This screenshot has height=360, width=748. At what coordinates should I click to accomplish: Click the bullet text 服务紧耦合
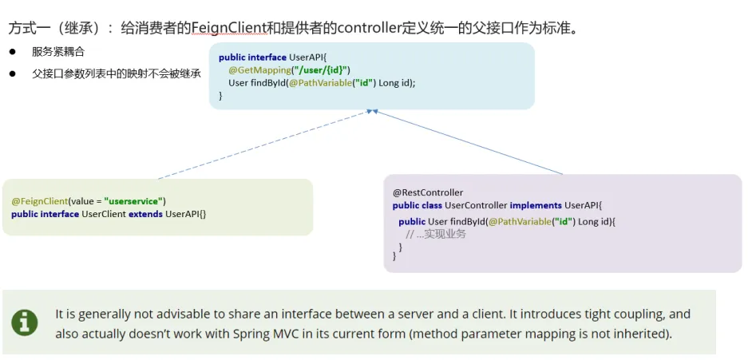pyautogui.click(x=58, y=52)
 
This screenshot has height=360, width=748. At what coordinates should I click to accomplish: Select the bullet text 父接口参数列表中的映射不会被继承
pyautogui.click(x=117, y=73)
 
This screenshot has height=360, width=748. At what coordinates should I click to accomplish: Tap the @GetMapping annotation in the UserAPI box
pyautogui.click(x=259, y=70)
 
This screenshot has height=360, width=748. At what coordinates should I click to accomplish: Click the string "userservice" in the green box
pyautogui.click(x=133, y=201)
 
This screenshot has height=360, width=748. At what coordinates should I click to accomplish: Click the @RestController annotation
pyautogui.click(x=428, y=192)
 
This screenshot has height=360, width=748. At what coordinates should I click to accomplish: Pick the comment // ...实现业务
pyautogui.click(x=436, y=234)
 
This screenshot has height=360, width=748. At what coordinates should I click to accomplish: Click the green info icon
pyautogui.click(x=25, y=322)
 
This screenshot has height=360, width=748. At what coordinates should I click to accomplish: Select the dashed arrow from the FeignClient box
pyautogui.click(x=263, y=144)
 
